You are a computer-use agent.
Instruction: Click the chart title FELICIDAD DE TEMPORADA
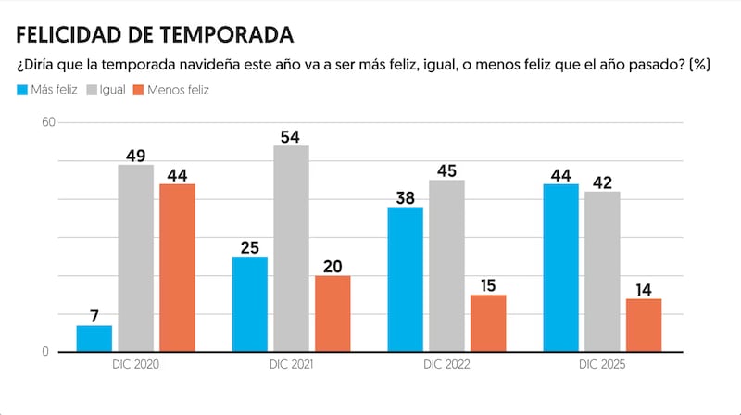(x=155, y=35)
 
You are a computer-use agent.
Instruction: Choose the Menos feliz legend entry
(x=171, y=90)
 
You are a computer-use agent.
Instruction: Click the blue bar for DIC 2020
(x=94, y=338)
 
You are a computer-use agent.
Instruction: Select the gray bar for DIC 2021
(x=292, y=248)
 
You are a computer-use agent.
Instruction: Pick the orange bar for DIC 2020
(x=178, y=268)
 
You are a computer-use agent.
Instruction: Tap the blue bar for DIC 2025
(x=561, y=268)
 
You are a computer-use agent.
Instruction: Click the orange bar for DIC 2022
(x=488, y=323)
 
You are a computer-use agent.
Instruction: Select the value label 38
(x=406, y=198)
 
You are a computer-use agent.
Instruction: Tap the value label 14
(x=644, y=290)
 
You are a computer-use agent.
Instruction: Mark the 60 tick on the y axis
(x=48, y=122)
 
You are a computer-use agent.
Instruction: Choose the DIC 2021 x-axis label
(x=290, y=366)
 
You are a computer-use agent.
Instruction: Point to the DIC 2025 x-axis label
(x=602, y=366)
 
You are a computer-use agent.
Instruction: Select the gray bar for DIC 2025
(x=602, y=271)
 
